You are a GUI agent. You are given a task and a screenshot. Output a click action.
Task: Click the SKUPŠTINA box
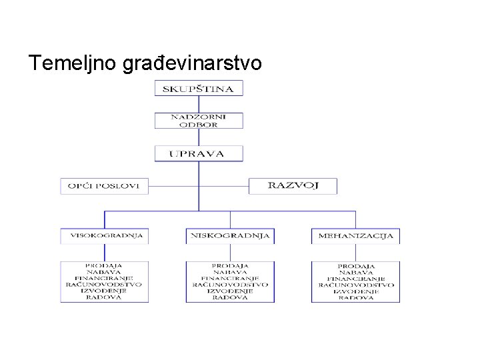pyautogui.click(x=199, y=88)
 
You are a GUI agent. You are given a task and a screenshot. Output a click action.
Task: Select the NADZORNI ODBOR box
pyautogui.click(x=199, y=120)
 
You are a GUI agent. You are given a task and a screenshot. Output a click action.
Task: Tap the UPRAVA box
pyautogui.click(x=199, y=153)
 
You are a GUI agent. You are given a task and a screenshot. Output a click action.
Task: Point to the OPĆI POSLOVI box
pyautogui.click(x=104, y=186)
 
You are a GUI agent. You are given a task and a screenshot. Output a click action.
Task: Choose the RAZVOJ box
pyautogui.click(x=293, y=185)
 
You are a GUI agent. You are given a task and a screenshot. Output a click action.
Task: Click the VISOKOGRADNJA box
pyautogui.click(x=104, y=235)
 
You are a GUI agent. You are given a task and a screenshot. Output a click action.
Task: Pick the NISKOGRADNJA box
pyautogui.click(x=230, y=235)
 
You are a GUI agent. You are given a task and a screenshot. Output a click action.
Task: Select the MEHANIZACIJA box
pyautogui.click(x=355, y=235)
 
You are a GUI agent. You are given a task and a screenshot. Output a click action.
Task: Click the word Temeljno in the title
pyautogui.click(x=73, y=63)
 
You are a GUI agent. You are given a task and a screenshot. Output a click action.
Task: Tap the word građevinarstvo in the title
pyautogui.click(x=193, y=63)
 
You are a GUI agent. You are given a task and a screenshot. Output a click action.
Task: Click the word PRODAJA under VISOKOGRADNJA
pyautogui.click(x=104, y=265)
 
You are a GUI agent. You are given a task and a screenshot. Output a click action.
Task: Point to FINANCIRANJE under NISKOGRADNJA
pyautogui.click(x=230, y=278)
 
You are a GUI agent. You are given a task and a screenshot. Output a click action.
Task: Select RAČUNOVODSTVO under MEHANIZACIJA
pyautogui.click(x=355, y=285)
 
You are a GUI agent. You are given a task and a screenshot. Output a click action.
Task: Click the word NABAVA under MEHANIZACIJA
pyautogui.click(x=355, y=272)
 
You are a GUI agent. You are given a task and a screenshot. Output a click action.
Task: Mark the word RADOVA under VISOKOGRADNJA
pyautogui.click(x=104, y=297)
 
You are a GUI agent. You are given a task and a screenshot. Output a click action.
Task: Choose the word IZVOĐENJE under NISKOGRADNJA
pyautogui.click(x=230, y=291)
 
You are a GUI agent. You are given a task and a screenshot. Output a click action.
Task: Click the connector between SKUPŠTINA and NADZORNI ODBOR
pyautogui.click(x=199, y=104)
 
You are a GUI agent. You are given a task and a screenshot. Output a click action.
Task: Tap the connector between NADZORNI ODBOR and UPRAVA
pyautogui.click(x=199, y=137)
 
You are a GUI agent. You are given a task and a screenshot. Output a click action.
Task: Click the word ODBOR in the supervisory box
pyautogui.click(x=199, y=124)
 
